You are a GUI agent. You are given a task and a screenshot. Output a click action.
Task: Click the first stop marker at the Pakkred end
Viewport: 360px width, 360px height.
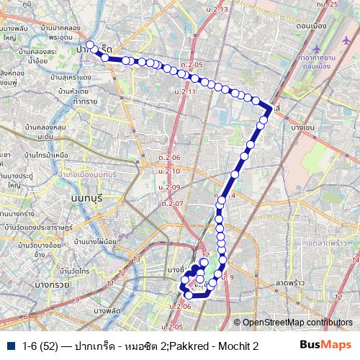click(x=89, y=45)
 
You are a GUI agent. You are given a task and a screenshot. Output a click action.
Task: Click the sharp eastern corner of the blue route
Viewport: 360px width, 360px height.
click(x=271, y=108)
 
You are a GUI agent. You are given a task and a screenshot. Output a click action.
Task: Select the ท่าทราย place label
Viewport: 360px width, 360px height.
click(x=74, y=102)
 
